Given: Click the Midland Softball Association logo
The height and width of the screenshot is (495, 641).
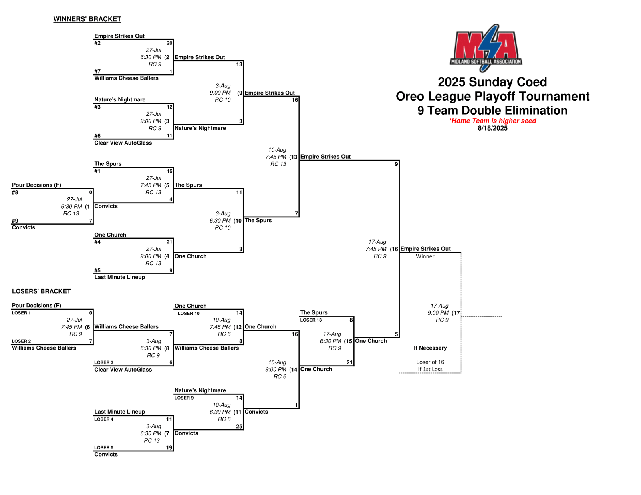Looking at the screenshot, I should [486, 48].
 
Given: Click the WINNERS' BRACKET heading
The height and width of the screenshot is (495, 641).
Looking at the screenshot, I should [87, 19].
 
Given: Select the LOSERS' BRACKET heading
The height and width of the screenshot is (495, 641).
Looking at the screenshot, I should [41, 291].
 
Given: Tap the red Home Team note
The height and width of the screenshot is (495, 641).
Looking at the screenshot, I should [492, 121].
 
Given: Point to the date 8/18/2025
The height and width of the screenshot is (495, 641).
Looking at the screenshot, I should [492, 128].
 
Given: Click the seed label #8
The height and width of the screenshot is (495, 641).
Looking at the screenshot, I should [15, 193].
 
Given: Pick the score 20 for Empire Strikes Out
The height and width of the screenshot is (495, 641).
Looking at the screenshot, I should [169, 43].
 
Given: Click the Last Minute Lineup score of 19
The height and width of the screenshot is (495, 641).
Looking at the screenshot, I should [169, 448].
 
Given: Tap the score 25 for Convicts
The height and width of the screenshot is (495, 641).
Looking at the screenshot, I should [239, 427].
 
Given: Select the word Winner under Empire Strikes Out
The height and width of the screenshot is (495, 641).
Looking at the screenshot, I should [425, 256].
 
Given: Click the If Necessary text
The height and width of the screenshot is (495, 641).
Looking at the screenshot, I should [430, 348].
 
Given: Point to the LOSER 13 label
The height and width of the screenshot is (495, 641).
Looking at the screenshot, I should [311, 320].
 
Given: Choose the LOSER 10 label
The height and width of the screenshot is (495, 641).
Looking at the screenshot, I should [188, 313].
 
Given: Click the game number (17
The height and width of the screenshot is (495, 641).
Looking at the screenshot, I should [456, 313].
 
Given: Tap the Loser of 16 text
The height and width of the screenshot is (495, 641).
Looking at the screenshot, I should [430, 362].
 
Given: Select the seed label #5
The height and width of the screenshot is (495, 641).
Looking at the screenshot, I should [97, 270].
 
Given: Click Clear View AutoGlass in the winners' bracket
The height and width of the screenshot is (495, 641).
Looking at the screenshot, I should [123, 143].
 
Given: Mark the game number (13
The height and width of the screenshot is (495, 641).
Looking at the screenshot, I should [293, 157].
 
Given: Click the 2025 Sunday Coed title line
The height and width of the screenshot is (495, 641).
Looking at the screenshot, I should [492, 82].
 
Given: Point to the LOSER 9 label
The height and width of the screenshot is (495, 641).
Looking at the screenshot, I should [184, 398].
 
